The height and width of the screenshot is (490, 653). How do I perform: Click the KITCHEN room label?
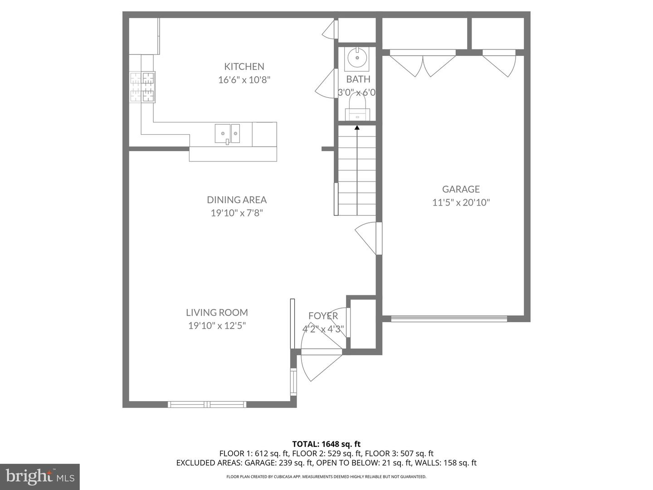[244, 66]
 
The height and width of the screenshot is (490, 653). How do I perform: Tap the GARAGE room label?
[461, 189]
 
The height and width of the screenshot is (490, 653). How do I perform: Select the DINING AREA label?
[237, 200]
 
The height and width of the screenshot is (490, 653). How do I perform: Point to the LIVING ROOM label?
[217, 313]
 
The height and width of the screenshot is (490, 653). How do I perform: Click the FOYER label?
[323, 316]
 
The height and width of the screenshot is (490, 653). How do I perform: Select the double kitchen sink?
[227, 133]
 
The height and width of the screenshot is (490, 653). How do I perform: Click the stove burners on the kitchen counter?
[142, 87]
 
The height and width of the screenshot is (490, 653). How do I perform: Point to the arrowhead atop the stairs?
[357, 127]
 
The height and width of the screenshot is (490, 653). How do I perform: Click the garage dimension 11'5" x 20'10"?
[461, 203]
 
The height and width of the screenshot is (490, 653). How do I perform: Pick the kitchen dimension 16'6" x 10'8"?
[244, 80]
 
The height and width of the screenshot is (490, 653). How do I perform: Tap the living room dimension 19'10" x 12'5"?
[217, 326]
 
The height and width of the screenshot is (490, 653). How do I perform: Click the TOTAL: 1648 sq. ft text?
[326, 444]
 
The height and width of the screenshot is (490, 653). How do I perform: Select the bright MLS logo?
[40, 476]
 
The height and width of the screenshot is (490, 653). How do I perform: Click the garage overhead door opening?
[449, 318]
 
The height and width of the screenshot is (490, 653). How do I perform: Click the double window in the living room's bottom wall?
[207, 404]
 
